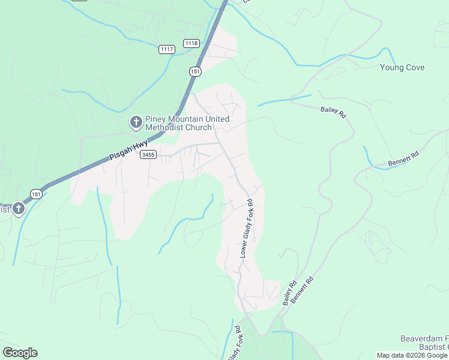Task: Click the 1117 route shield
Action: pyautogui.click(x=167, y=49)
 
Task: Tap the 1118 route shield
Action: pyautogui.click(x=191, y=43)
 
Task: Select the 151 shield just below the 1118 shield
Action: pyautogui.click(x=195, y=71)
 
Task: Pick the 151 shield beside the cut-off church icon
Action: pyautogui.click(x=37, y=194)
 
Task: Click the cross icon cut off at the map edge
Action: pyautogui.click(x=18, y=209)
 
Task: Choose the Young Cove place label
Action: pyautogui.click(x=402, y=67)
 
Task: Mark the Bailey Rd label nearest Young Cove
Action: pyautogui.click(x=333, y=111)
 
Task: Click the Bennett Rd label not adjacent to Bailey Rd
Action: pyautogui.click(x=402, y=157)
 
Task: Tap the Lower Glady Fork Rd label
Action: pyautogui.click(x=247, y=228)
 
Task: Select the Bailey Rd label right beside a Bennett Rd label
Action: pyautogui.click(x=290, y=293)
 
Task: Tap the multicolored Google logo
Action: pyautogui.click(x=20, y=353)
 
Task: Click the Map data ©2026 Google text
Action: pyautogui.click(x=412, y=355)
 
